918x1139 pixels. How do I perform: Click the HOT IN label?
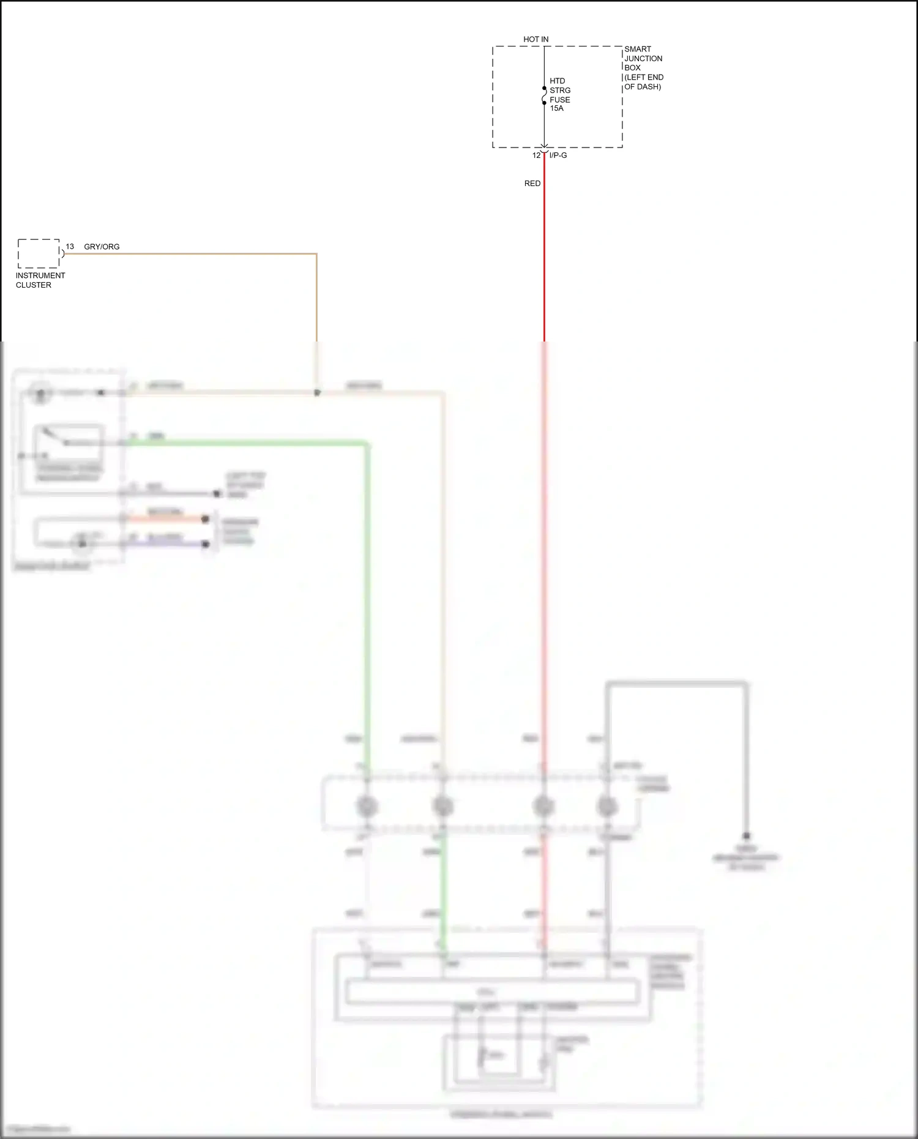click(x=535, y=39)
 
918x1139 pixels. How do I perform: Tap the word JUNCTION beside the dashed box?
click(x=643, y=59)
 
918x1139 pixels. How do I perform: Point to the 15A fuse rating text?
click(x=556, y=108)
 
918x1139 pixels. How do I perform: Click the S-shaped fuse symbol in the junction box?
click(x=544, y=95)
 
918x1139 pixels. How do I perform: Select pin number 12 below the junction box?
click(x=536, y=155)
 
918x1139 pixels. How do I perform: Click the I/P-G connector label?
click(x=558, y=155)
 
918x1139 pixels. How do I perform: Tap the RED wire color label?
click(x=532, y=184)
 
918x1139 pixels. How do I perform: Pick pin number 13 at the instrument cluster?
click(x=70, y=247)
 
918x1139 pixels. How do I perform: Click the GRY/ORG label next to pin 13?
click(x=102, y=247)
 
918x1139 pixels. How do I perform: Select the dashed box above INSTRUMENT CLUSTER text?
click(x=39, y=253)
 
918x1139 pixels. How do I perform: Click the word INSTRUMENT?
click(x=40, y=275)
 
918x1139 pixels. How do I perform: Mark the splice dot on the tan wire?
click(x=317, y=393)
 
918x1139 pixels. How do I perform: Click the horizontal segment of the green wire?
click(x=245, y=443)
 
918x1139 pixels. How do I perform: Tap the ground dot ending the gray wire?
click(x=746, y=836)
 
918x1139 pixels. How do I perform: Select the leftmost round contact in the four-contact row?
click(x=367, y=806)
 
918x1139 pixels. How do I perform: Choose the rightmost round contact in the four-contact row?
click(x=606, y=806)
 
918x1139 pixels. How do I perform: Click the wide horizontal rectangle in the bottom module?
click(x=493, y=991)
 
